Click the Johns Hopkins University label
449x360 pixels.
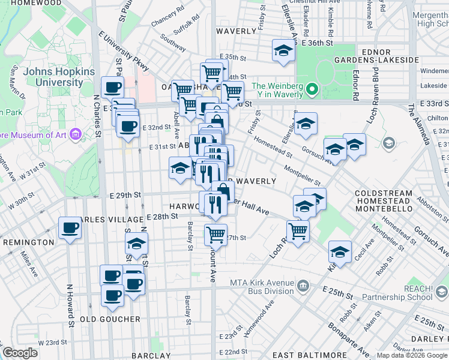point(59,77)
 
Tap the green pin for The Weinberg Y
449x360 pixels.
point(312,90)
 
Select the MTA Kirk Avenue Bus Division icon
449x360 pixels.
point(303,284)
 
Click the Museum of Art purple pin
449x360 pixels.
point(76,133)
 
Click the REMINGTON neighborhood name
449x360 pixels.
point(28,242)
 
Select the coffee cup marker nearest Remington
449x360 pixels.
point(70,229)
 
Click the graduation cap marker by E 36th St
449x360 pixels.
point(283,52)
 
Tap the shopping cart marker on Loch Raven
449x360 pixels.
point(298,230)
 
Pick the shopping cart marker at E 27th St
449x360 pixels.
point(215,234)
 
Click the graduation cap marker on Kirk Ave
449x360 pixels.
point(340,252)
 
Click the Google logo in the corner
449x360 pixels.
point(20,353)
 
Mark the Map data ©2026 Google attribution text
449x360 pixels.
point(411,355)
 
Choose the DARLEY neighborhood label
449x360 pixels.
point(433,339)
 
